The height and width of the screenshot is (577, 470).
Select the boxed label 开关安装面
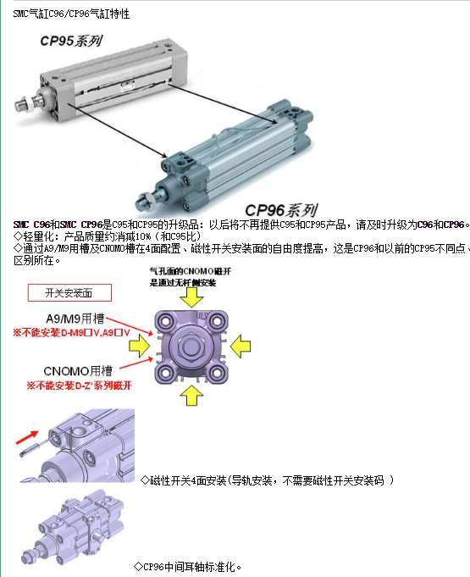pos(80,292)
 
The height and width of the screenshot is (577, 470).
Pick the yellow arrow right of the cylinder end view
pos(242,343)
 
